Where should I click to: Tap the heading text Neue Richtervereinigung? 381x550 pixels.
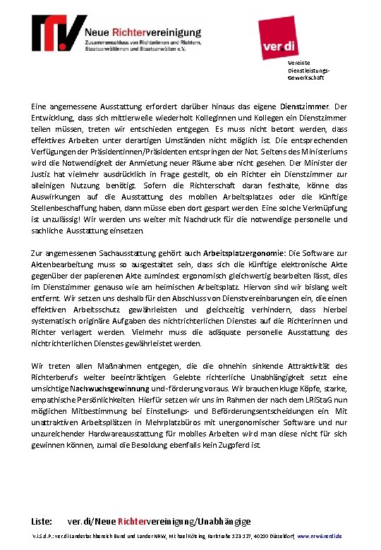click(x=144, y=31)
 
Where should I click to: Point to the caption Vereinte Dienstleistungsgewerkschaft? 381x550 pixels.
click(x=306, y=71)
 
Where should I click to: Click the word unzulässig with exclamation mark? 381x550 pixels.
click(x=52, y=219)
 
